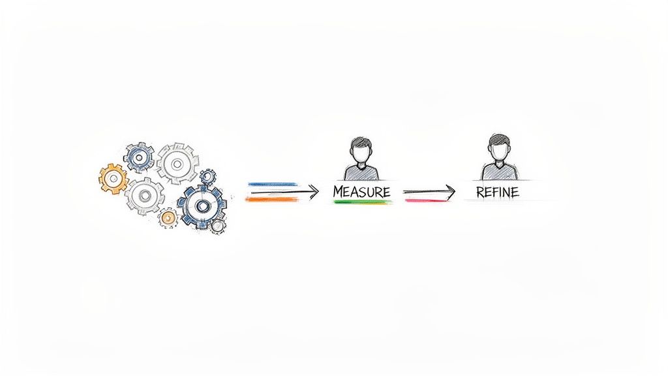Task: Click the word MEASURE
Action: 361,192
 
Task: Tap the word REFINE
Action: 498,192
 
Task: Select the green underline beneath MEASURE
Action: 362,202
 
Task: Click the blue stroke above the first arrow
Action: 272,185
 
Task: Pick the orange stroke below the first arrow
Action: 272,199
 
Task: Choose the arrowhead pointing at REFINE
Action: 451,191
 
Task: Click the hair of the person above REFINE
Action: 498,139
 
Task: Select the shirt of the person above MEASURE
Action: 360,172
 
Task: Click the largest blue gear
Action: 203,206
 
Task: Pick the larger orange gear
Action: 114,177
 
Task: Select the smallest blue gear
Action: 207,176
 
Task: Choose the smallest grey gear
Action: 217,226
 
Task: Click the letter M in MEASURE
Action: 339,192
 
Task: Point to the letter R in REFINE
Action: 481,192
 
